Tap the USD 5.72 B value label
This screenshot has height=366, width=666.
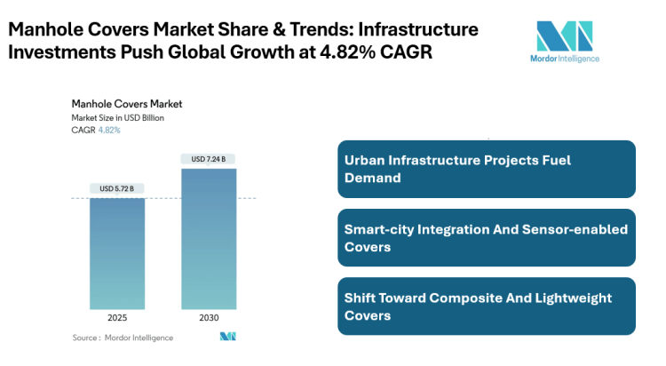[116, 188]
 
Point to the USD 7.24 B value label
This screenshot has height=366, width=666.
[209, 159]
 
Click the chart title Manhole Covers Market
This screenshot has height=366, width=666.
[126, 104]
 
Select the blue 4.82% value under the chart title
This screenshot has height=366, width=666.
[108, 130]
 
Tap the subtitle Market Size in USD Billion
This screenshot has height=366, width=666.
[118, 117]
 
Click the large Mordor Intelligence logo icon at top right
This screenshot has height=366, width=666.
[564, 36]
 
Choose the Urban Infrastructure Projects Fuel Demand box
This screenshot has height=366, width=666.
[487, 169]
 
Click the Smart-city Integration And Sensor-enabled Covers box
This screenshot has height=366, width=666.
[487, 238]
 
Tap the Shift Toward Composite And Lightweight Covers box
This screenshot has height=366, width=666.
[487, 306]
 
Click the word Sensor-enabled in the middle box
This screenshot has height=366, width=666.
[581, 229]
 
